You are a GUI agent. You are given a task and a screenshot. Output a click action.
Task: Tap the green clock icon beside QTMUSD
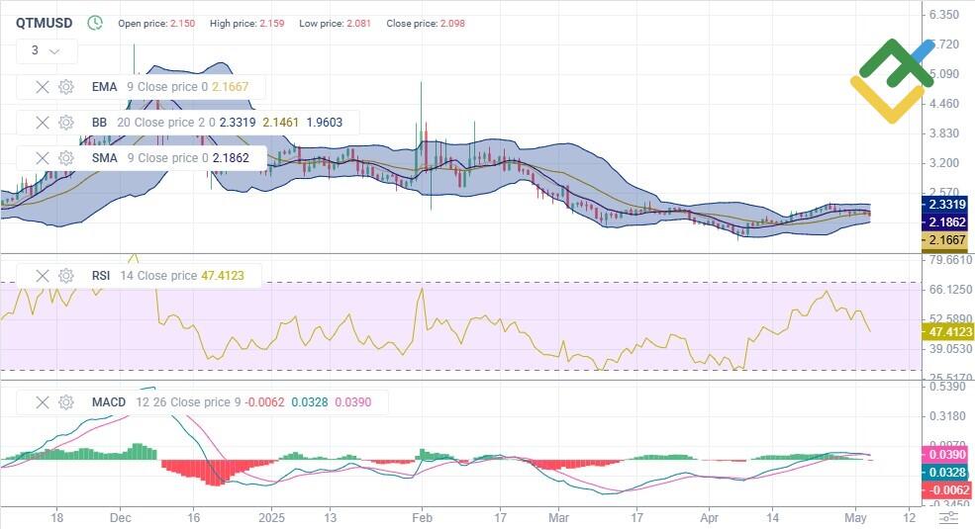pyautogui.click(x=95, y=23)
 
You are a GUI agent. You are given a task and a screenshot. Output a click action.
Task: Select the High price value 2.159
pyautogui.click(x=271, y=23)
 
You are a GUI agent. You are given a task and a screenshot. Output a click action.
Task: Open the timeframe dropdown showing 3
pyautogui.click(x=46, y=50)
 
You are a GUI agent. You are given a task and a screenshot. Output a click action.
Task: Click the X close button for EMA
pyautogui.click(x=43, y=87)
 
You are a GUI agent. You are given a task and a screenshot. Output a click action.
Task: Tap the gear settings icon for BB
pyautogui.click(x=66, y=123)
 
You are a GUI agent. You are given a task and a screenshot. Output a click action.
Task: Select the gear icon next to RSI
pyautogui.click(x=66, y=276)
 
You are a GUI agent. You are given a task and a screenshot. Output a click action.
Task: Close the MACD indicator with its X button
pyautogui.click(x=43, y=402)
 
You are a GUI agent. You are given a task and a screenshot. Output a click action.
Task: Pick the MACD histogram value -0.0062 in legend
pyautogui.click(x=266, y=402)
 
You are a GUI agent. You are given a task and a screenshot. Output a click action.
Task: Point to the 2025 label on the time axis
pyautogui.click(x=270, y=516)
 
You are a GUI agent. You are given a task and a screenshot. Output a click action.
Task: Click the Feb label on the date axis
pyautogui.click(x=423, y=516)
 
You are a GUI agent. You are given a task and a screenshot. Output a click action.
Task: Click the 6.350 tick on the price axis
pyautogui.click(x=944, y=15)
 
